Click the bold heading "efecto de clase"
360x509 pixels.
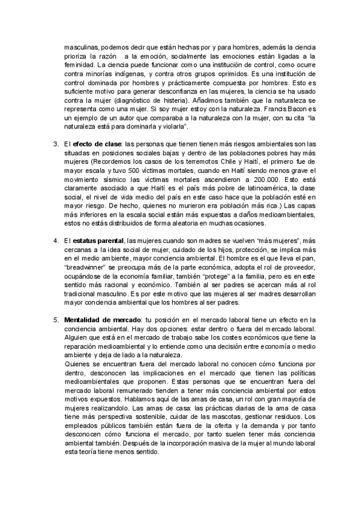[98, 145]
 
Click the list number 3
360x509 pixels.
[56, 145]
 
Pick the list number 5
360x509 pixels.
[56, 318]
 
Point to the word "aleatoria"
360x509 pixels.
[169, 223]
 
